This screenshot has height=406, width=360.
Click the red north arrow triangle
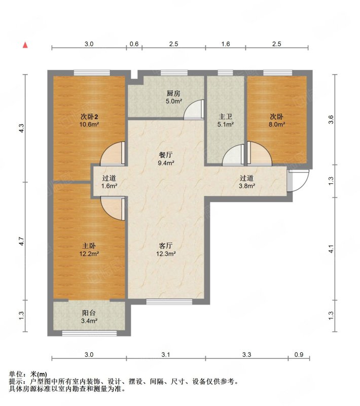coord(25,45)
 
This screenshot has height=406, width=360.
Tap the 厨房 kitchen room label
coord(173,93)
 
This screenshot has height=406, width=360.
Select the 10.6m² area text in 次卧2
coord(89,124)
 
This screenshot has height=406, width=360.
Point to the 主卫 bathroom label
coord(226,117)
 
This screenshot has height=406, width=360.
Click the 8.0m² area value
coord(277,124)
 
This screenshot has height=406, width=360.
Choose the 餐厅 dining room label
coord(166,155)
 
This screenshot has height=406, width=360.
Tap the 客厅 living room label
coord(166,246)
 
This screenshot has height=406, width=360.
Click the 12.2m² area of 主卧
coord(89,254)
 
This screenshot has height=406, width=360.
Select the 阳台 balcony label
coord(89,313)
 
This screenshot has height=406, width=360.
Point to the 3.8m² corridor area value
coord(247,186)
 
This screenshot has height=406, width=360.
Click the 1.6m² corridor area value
coord(110,186)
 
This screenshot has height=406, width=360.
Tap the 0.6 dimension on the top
coord(134,44)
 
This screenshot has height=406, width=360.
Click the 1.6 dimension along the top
coord(226,44)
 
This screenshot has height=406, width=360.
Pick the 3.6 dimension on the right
coord(331,119)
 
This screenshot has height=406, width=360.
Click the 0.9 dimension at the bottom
coord(299,354)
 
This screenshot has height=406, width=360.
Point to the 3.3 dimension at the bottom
coord(247,354)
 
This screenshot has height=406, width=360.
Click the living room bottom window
coord(169,301)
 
